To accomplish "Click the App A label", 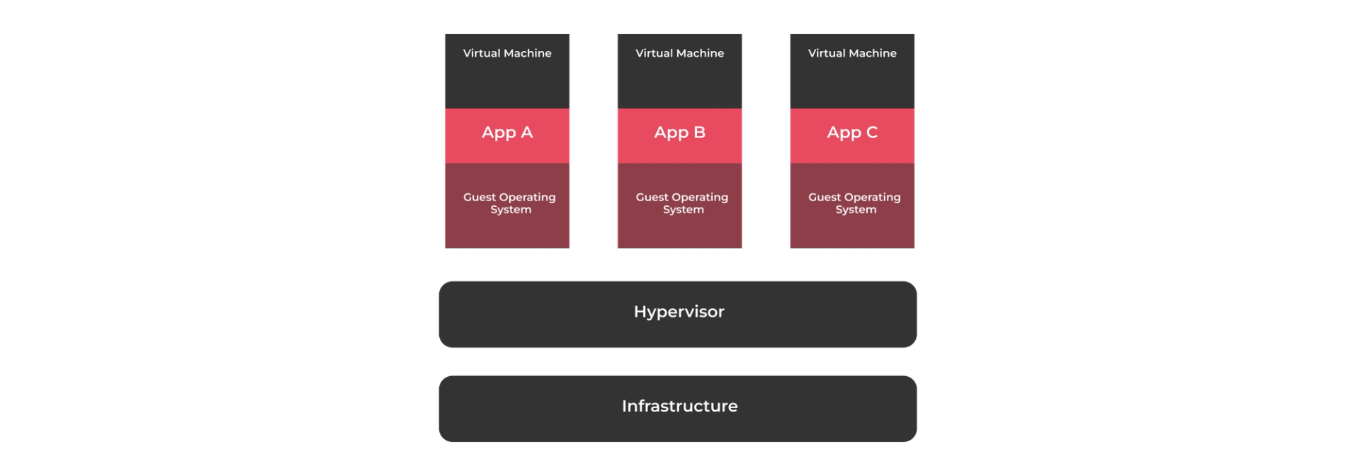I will pyautogui.click(x=507, y=132).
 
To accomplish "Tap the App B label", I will pyautogui.click(x=679, y=132).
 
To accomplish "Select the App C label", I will pyautogui.click(x=852, y=132).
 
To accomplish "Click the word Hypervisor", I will pyautogui.click(x=679, y=312).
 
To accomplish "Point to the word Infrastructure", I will pyautogui.click(x=679, y=406).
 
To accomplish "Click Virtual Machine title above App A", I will pyautogui.click(x=507, y=53).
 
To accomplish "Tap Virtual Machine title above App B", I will pyautogui.click(x=679, y=53).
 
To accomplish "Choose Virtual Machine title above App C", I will pyautogui.click(x=852, y=53).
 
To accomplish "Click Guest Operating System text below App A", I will pyautogui.click(x=509, y=203).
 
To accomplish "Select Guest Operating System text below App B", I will pyautogui.click(x=682, y=203).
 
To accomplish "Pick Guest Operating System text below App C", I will pyautogui.click(x=854, y=203).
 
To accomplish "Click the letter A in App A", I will pyautogui.click(x=526, y=132).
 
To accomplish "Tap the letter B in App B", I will pyautogui.click(x=699, y=132).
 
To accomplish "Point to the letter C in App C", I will pyautogui.click(x=871, y=132).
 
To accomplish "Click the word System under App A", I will pyautogui.click(x=511, y=210).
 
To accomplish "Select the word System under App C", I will pyautogui.click(x=856, y=210).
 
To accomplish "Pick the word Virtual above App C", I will pyautogui.click(x=826, y=53).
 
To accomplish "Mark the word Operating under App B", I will pyautogui.click(x=700, y=198).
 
